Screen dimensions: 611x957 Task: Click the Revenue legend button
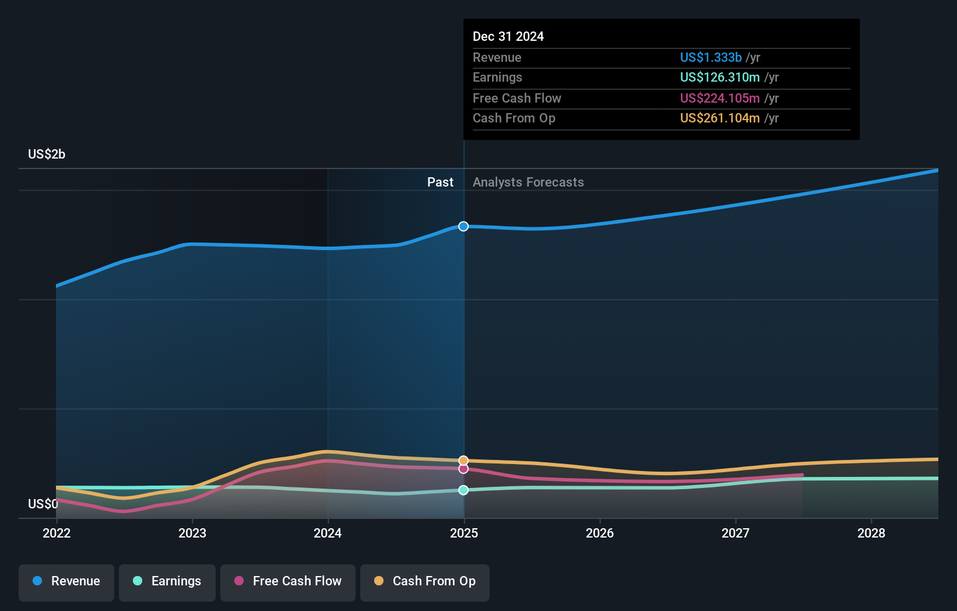click(x=66, y=581)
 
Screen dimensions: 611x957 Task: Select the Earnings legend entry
click(x=167, y=581)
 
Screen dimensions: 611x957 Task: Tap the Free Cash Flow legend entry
click(x=288, y=581)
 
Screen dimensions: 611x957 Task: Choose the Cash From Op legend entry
click(x=425, y=581)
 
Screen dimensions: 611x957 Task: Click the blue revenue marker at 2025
click(x=463, y=226)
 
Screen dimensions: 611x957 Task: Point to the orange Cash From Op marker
click(x=463, y=461)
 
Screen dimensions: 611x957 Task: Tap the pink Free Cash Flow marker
click(x=463, y=469)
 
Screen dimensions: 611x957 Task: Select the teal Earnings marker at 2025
click(x=463, y=490)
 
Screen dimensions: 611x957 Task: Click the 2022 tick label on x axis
click(x=57, y=533)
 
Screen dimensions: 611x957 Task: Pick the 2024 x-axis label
click(x=328, y=533)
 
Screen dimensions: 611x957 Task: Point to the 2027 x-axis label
click(x=736, y=533)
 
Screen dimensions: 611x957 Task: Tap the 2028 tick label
click(x=871, y=533)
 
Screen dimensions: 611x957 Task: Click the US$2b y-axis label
click(x=47, y=154)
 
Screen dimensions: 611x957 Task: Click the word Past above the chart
click(x=440, y=182)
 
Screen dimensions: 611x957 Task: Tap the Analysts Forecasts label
click(x=528, y=182)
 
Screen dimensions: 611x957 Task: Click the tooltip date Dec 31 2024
click(x=508, y=36)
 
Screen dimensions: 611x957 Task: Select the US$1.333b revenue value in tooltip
click(x=711, y=57)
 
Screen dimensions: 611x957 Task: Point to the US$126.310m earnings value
click(x=720, y=77)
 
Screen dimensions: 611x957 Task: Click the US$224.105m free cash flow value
click(x=720, y=98)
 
